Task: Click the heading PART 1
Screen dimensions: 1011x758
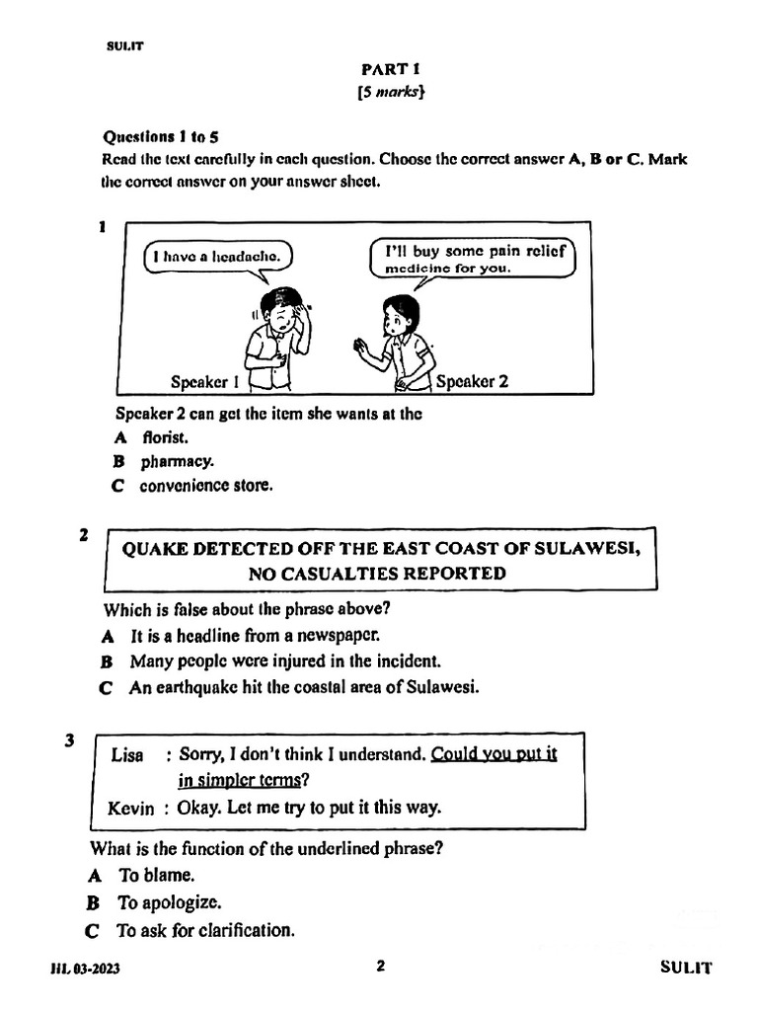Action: pyautogui.click(x=378, y=70)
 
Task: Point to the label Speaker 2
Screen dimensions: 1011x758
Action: pyautogui.click(x=472, y=382)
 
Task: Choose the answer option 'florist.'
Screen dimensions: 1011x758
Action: pyautogui.click(x=165, y=436)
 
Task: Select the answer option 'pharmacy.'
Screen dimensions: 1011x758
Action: pyautogui.click(x=177, y=461)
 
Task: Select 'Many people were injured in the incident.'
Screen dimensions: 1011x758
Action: pyautogui.click(x=271, y=661)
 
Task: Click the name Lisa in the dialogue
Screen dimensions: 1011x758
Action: pyautogui.click(x=127, y=755)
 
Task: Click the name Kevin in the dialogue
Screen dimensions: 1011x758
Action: pyautogui.click(x=131, y=809)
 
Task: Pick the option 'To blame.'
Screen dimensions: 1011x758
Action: pyautogui.click(x=156, y=875)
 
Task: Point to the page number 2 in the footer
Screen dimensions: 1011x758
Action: pyautogui.click(x=380, y=967)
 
